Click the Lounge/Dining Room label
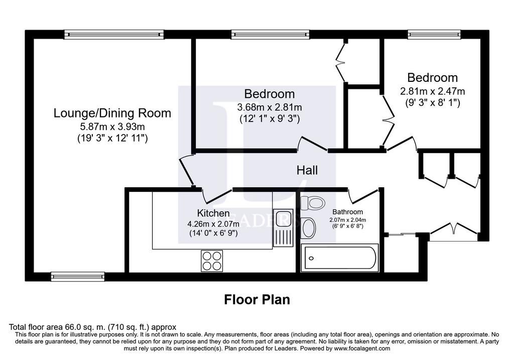point(112,113)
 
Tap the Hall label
point(307,170)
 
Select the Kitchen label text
point(213,213)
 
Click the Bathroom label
point(347,212)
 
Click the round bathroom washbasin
point(308,228)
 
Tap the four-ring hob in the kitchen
point(212,261)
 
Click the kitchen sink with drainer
point(284,227)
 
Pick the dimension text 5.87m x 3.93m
point(112,126)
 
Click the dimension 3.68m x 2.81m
point(270,107)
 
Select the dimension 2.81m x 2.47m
point(432,91)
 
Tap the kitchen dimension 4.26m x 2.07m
point(213,224)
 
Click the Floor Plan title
point(257,299)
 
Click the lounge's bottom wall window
point(78,276)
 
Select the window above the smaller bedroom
point(434,34)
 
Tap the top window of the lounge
point(114,34)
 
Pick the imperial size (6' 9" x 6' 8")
point(347,226)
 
